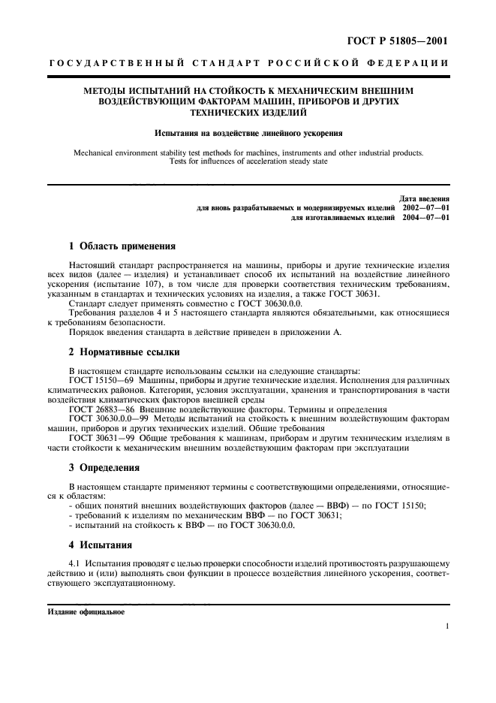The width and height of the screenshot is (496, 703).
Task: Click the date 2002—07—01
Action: [x=425, y=207]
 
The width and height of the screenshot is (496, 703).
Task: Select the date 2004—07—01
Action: [x=425, y=217]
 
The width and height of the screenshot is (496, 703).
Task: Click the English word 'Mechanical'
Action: [x=98, y=152]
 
